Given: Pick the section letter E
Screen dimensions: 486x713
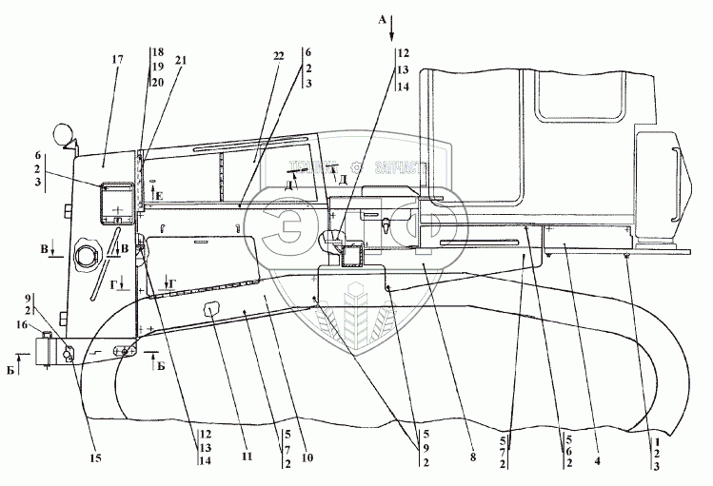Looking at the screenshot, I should pos(159,196).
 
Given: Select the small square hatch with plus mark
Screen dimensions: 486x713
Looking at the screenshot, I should pos(117,202).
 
